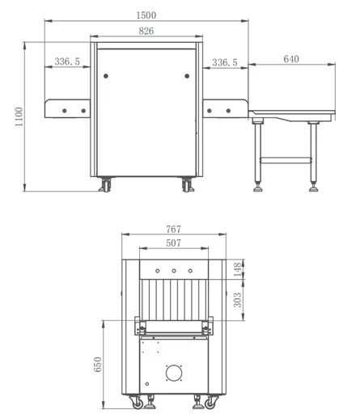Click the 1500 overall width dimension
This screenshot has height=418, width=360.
coord(146,15)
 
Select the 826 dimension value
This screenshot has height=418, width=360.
coord(146,31)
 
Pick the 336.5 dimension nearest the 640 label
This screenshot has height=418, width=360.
coord(224,61)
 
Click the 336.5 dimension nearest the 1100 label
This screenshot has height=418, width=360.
coord(67,61)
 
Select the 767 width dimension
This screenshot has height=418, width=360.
coord(172,230)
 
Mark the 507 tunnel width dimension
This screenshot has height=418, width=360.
coord(172,242)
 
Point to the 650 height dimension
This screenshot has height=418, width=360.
coord(98,365)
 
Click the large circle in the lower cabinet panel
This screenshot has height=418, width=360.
coord(174,374)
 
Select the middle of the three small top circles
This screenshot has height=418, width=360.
coord(174,270)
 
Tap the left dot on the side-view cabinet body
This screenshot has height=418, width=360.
coord(105,76)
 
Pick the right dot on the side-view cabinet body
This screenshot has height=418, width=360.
coord(187,76)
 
